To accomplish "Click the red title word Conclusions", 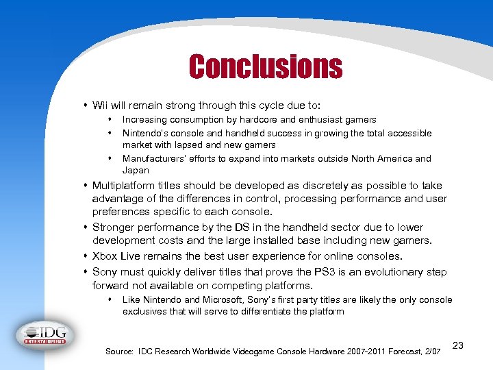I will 265,66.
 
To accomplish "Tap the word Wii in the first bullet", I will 100,106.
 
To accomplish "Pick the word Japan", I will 136,170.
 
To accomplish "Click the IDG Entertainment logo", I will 45,334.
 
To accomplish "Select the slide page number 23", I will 458,345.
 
